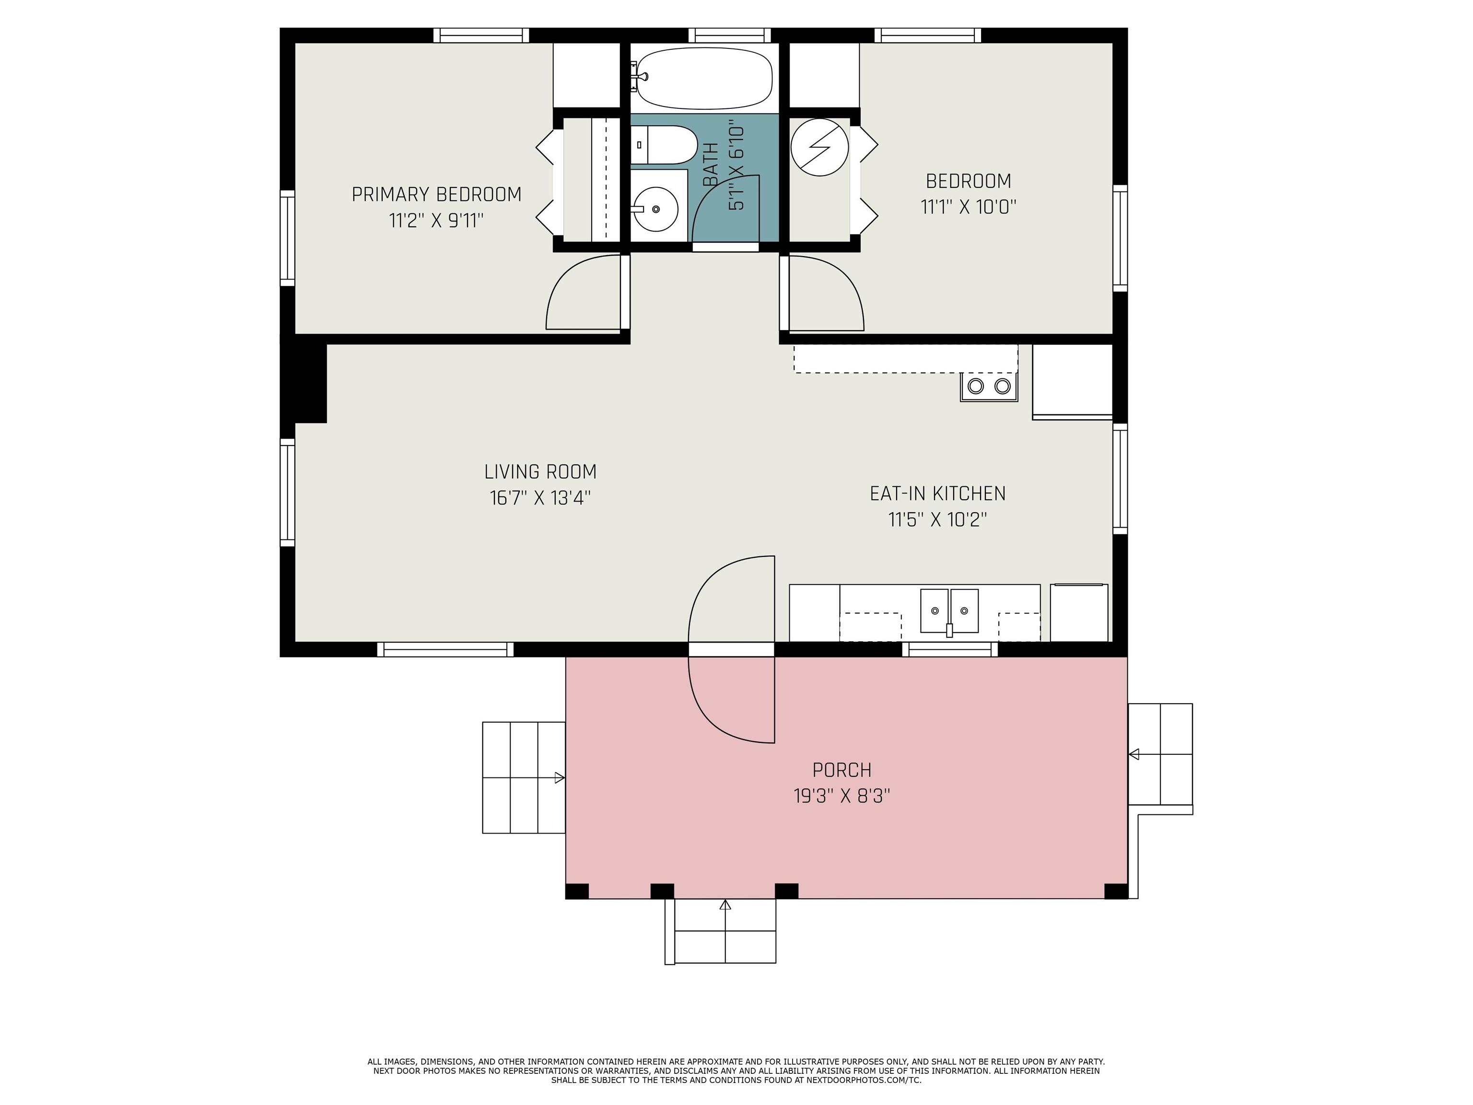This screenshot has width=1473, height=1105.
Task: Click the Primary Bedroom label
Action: click(x=436, y=195)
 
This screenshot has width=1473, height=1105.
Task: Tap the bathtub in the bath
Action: click(x=703, y=78)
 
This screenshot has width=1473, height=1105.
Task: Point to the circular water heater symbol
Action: click(x=820, y=147)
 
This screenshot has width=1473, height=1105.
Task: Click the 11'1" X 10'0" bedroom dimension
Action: click(x=968, y=207)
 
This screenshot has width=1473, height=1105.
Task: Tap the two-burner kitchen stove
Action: click(x=989, y=386)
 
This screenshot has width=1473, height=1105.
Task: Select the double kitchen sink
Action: click(x=949, y=610)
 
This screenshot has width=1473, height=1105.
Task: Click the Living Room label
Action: click(x=540, y=471)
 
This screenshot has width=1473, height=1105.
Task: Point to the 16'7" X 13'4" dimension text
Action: click(x=540, y=497)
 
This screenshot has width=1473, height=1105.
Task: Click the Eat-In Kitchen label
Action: click(x=937, y=494)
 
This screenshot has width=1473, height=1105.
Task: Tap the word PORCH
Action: click(x=842, y=770)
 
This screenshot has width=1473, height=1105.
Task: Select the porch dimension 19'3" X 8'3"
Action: click(x=842, y=796)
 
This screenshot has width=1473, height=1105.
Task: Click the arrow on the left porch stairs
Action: click(x=560, y=778)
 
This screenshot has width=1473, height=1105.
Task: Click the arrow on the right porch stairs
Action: click(x=1134, y=754)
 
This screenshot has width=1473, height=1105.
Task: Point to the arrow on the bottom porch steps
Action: click(x=725, y=905)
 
